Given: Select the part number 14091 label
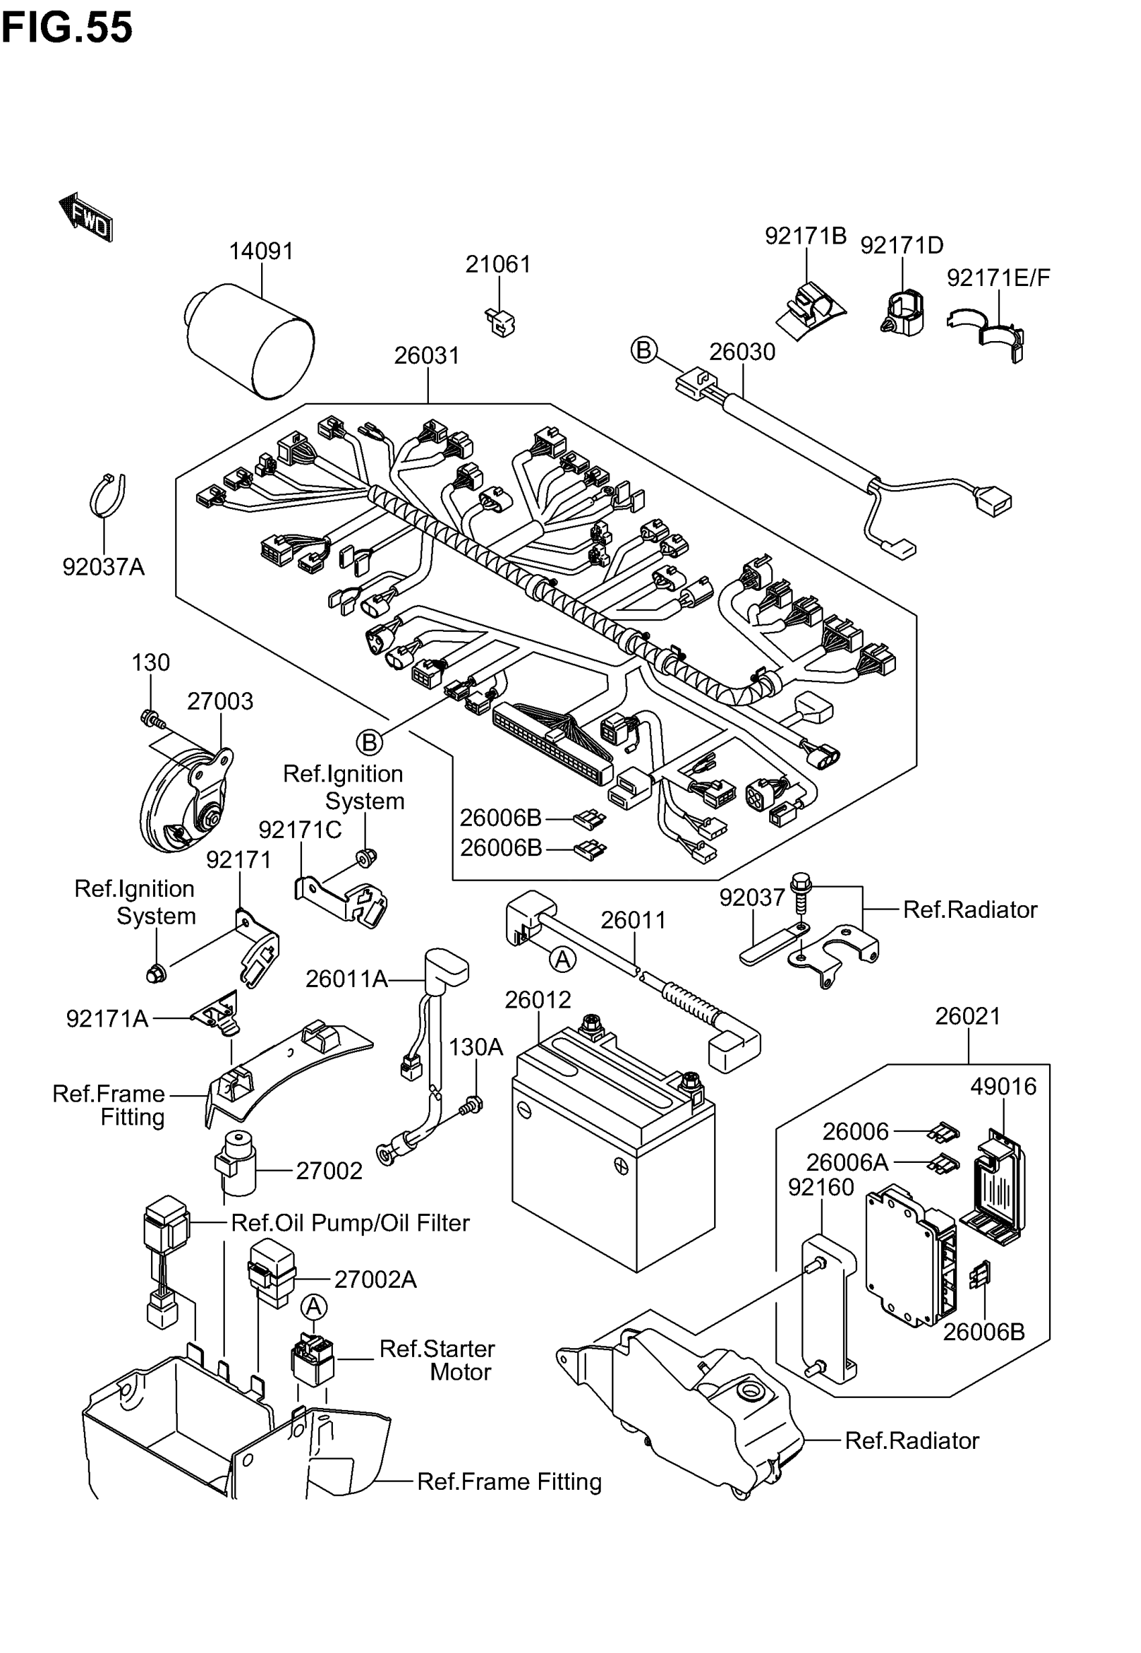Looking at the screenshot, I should click(x=261, y=251).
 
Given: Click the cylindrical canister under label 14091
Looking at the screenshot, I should click(x=252, y=341).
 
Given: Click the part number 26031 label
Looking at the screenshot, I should click(x=427, y=355).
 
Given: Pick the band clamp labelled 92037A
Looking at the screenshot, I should click(x=108, y=495).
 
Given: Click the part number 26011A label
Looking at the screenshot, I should click(x=346, y=979).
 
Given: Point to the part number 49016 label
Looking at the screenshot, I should click(x=1003, y=1087).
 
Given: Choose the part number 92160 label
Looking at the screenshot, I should click(x=821, y=1187).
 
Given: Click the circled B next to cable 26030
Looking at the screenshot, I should click(x=644, y=350).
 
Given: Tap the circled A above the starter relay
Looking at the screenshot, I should click(x=314, y=1307).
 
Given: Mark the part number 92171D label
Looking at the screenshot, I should click(x=901, y=245).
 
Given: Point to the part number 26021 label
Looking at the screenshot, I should click(x=968, y=1016).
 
